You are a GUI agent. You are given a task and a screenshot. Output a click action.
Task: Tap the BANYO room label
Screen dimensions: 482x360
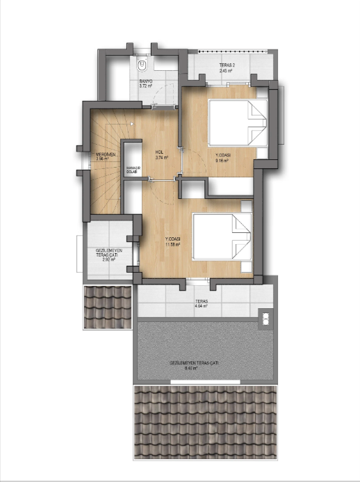pyautogui.click(x=146, y=81)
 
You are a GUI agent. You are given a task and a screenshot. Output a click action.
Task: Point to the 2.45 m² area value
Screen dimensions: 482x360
pyautogui.click(x=225, y=72)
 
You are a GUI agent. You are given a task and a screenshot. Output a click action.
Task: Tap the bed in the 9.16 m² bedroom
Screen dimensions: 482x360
pyautogui.click(x=237, y=124)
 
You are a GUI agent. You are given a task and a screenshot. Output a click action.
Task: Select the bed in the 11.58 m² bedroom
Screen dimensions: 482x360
pyautogui.click(x=222, y=237)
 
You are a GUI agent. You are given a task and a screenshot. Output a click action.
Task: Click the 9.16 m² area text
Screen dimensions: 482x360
pyautogui.click(x=222, y=160)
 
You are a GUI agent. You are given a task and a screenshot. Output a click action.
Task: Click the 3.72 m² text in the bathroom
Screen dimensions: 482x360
pyautogui.click(x=146, y=86)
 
